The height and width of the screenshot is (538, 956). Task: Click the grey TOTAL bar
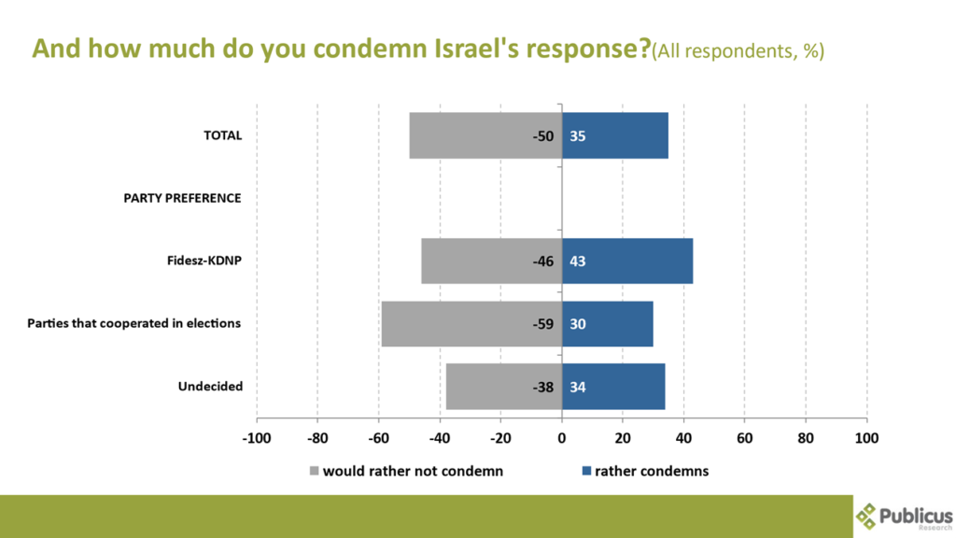tap(467, 135)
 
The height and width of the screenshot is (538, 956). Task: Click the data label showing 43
tap(577, 262)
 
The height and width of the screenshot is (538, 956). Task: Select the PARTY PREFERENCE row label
tap(182, 198)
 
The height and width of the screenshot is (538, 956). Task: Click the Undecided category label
tap(210, 387)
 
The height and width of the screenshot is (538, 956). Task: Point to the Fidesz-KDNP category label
tap(198, 261)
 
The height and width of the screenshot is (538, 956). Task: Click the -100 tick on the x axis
tap(257, 437)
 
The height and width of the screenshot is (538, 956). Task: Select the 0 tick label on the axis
tap(562, 437)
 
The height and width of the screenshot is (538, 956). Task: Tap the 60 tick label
tap(745, 437)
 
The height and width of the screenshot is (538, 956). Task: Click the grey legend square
tap(315, 471)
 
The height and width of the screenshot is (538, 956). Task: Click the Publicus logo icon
tap(867, 515)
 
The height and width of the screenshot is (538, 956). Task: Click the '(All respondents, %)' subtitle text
tap(738, 51)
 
